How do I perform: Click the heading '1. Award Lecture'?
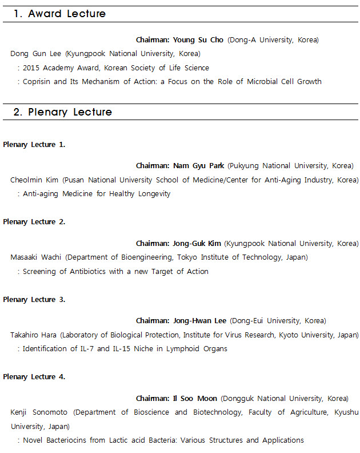pos(59,14)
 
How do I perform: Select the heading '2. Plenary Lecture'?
pos(62,112)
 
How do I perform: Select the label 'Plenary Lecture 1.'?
pos(34,144)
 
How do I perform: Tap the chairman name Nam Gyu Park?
pos(199,166)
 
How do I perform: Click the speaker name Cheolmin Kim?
pos(35,180)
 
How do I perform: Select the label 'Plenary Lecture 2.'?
pos(34,221)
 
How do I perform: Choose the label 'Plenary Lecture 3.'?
pos(34,299)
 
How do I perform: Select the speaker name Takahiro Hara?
pos(34,335)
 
